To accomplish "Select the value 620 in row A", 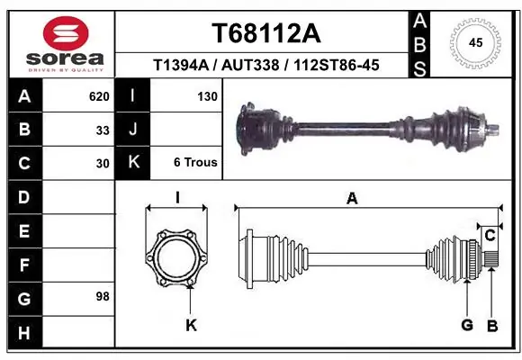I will (99, 95).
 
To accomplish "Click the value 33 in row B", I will (103, 130).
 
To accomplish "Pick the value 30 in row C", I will (103, 164).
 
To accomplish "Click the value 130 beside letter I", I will (206, 95).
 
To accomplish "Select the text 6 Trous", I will (195, 163).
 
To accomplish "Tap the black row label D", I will (24, 197).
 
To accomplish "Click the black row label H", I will (24, 334).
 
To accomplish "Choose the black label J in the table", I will (133, 130).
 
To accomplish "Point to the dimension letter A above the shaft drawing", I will (352, 199).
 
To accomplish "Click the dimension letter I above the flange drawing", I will (177, 199).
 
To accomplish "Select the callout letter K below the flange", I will (191, 325).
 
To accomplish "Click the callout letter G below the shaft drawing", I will (467, 325).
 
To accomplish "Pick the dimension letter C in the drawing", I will (490, 236).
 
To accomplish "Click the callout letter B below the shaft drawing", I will (492, 325).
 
